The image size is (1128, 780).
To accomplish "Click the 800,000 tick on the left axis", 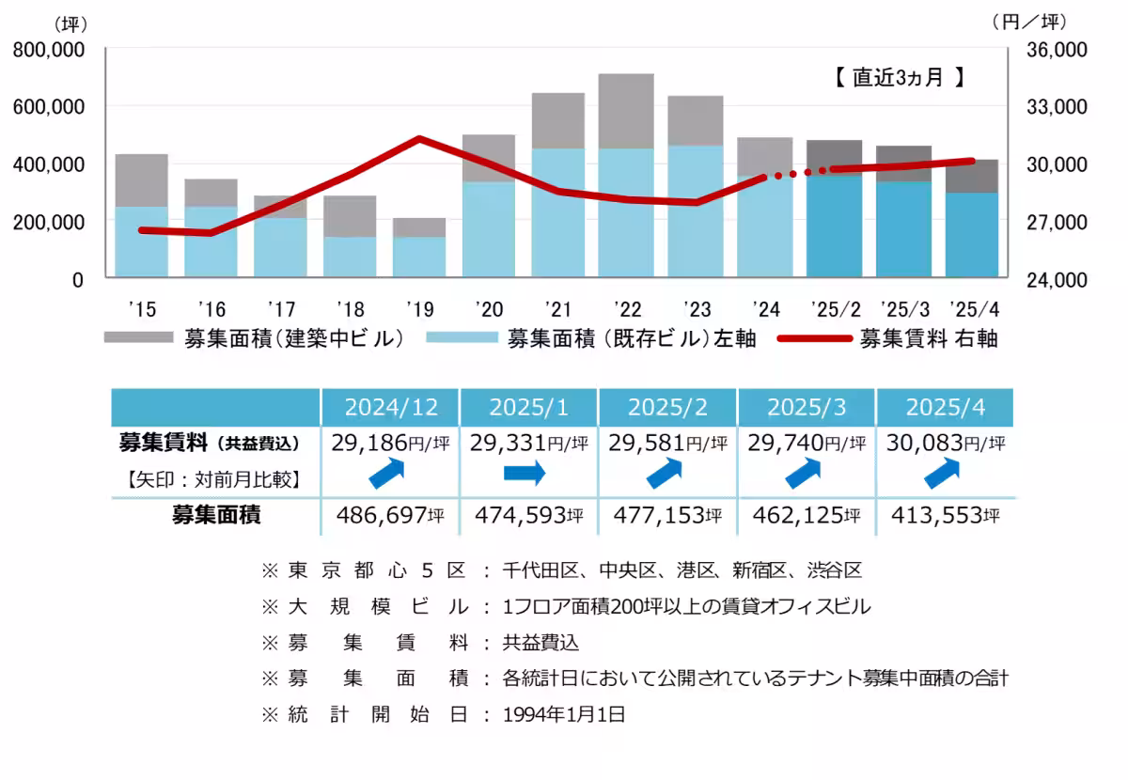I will click(x=48, y=50).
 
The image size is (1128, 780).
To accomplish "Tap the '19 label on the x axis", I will click(x=418, y=308).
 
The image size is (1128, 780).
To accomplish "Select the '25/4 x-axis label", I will click(x=972, y=308).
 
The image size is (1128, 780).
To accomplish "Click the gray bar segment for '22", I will click(x=626, y=111).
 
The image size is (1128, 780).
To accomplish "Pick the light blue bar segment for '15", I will click(x=141, y=242).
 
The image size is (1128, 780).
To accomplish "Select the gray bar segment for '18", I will click(x=350, y=216).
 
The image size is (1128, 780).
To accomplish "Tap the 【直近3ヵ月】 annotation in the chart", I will click(x=899, y=78).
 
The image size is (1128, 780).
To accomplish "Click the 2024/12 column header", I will click(x=390, y=407).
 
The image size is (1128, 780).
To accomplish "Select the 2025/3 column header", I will click(x=807, y=407).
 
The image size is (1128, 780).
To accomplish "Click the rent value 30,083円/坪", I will click(x=945, y=442).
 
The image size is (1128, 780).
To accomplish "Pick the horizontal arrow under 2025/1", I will click(x=525, y=475).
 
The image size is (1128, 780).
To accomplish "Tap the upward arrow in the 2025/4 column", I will click(x=943, y=474).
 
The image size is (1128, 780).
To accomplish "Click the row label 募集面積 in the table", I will click(x=215, y=514).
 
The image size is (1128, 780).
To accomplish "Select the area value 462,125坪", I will click(x=807, y=515).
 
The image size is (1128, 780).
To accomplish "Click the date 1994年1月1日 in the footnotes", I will click(x=564, y=714).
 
